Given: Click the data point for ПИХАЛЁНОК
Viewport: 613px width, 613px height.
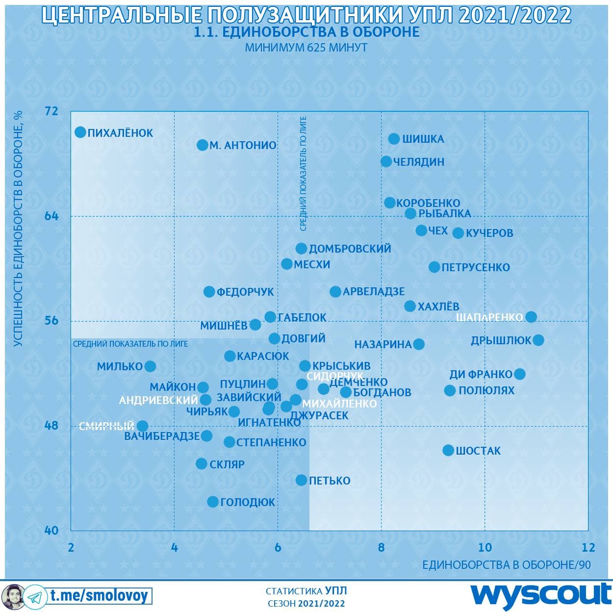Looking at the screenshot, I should coord(80,132).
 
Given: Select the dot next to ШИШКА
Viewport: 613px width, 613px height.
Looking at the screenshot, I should coord(394,139).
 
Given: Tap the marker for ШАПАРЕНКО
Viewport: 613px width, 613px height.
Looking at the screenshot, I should coord(531,317).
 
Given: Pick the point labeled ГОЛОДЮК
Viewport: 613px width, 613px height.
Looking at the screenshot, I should coord(213,502).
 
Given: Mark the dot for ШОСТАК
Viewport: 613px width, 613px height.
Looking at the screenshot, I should coord(448,450).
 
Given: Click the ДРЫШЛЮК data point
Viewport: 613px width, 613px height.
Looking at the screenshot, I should coord(538,340).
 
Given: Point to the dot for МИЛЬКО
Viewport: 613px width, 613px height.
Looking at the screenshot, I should coord(151,366).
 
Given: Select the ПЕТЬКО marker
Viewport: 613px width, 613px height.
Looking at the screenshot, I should coord(301,480).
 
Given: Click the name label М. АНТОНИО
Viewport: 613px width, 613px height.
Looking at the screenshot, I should coord(243,146).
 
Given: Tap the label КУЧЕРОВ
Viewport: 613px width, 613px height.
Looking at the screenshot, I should coord(489,233).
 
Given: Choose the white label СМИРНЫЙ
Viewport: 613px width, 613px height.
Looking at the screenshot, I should coord(106,426).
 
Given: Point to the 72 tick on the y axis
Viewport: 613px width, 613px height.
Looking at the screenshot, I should coord(51,111).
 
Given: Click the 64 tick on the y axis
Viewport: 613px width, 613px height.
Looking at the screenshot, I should coord(51,216).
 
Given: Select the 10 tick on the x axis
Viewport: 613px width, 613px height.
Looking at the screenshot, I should coord(485,547).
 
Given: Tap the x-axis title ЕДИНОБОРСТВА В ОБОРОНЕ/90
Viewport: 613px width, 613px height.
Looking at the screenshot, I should coord(507,565).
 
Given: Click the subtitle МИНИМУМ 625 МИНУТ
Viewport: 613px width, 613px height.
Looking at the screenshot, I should coord(306,48).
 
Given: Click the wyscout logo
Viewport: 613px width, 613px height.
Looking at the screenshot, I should coord(541,595).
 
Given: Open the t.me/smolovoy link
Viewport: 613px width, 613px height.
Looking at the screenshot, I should coord(99,596).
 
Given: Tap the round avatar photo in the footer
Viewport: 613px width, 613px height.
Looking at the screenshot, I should coord(12,596).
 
